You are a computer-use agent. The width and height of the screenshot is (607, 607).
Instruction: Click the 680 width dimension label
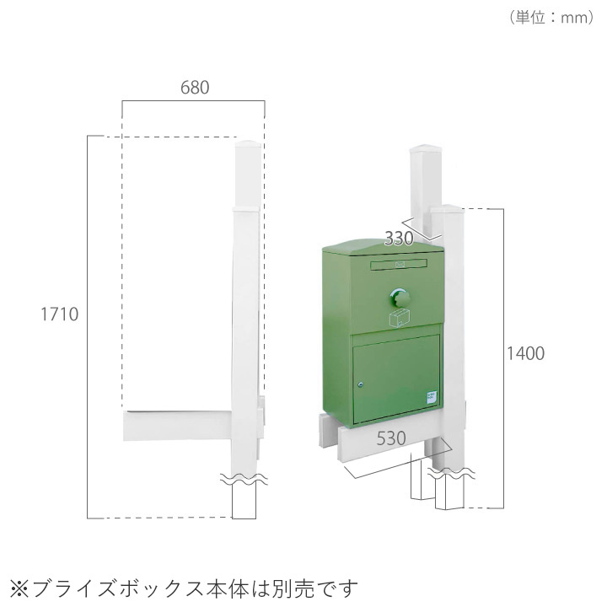tap(194, 87)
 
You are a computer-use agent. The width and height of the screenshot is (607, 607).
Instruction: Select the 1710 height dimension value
tap(60, 314)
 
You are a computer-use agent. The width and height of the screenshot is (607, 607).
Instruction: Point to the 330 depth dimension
tap(399, 239)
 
